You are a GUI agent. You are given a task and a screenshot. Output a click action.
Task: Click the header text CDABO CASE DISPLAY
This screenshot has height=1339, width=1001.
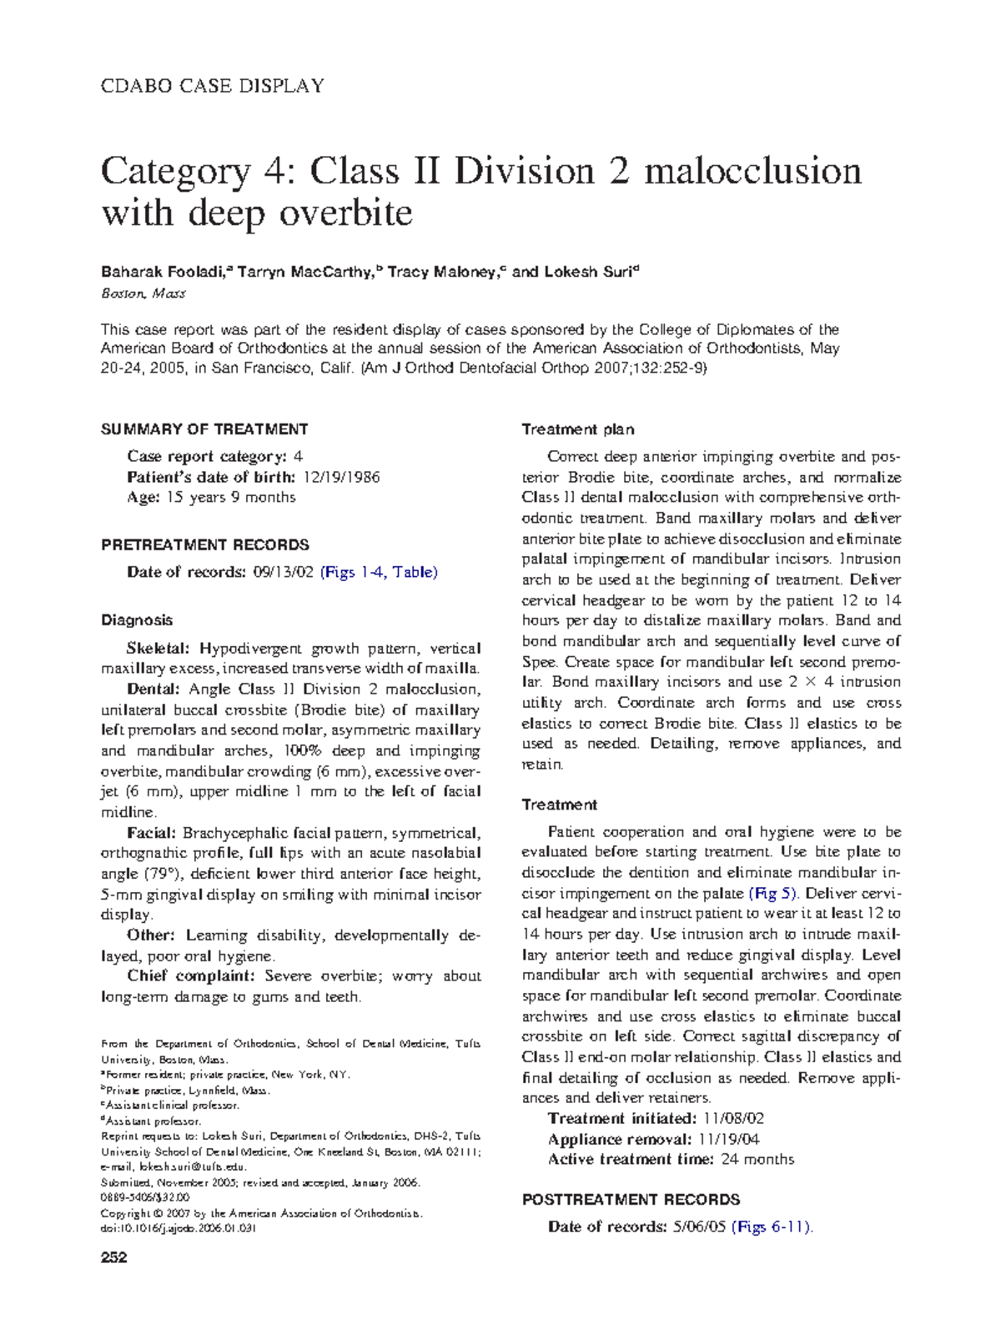[x=212, y=86]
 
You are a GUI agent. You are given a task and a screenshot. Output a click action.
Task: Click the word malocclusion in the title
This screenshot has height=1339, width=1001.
[x=752, y=172]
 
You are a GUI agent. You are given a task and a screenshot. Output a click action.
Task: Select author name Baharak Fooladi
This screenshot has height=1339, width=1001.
[x=165, y=272]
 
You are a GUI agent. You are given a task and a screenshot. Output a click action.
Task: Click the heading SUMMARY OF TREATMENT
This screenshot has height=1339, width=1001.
[x=204, y=429]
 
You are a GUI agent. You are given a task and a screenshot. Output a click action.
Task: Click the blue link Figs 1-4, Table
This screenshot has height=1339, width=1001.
[x=380, y=572]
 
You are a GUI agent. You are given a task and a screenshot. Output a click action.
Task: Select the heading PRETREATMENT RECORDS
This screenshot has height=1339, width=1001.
[x=205, y=545]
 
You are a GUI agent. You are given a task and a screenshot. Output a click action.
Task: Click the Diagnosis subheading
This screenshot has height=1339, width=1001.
[x=137, y=620]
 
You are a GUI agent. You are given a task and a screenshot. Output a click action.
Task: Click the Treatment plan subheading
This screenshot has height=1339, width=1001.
[x=577, y=429]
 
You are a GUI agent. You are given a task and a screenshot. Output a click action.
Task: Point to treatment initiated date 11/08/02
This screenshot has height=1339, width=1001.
[x=734, y=1118]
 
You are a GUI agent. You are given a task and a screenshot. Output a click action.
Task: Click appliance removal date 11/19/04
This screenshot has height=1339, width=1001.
[x=728, y=1139]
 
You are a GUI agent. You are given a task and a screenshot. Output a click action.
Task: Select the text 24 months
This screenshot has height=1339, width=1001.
[x=757, y=1159]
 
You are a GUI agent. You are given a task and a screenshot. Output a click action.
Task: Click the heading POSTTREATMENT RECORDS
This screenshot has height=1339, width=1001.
[x=631, y=1200]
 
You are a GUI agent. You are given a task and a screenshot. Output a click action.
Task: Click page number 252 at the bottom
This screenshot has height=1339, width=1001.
[x=114, y=1257]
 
